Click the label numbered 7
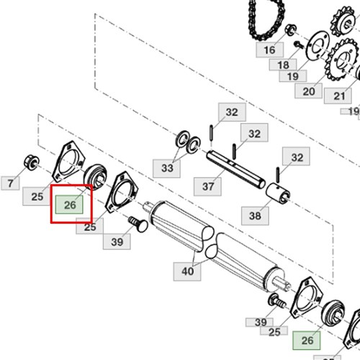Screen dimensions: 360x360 tap(10, 183)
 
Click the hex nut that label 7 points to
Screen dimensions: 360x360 tap(32, 163)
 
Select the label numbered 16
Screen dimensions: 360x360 tap(270, 50)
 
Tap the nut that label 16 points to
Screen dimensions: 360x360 tap(291, 30)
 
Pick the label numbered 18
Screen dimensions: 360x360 tap(283, 65)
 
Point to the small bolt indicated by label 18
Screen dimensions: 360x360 tap(299, 45)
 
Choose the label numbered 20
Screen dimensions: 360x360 tap(308, 91)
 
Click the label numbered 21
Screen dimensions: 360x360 tap(338, 96)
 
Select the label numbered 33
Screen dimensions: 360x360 tap(167, 168)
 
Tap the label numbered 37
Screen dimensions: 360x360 tap(207, 186)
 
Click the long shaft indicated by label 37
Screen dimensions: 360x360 tap(236, 170)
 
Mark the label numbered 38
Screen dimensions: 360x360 tap(255, 215)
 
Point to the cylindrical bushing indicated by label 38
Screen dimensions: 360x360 tap(278, 194)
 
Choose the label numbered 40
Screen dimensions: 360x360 tap(187, 271)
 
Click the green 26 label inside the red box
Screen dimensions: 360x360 tap(69, 204)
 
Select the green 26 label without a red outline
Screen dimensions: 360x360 tap(307, 341)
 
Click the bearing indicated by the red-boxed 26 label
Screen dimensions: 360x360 tap(95, 177)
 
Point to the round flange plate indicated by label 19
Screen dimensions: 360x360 tap(318, 46)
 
